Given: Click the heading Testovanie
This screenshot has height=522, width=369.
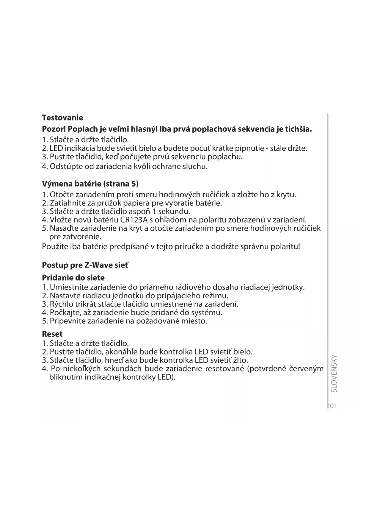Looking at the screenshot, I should click(x=62, y=118).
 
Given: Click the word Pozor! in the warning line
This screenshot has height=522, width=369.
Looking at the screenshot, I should click(x=54, y=129).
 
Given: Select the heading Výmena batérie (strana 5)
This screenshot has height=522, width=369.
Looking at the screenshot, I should click(x=90, y=184).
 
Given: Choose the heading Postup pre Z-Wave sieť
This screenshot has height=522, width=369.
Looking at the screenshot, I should click(x=85, y=265).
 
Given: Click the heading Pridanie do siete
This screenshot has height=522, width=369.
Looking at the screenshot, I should click(x=73, y=278).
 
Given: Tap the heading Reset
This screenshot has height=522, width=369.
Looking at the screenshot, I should click(x=52, y=334).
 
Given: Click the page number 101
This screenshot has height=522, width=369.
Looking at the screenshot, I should click(x=332, y=406).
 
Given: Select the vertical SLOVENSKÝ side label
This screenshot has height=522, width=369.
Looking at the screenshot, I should click(x=334, y=373).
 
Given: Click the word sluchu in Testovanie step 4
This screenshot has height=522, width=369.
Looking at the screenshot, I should click(x=194, y=166).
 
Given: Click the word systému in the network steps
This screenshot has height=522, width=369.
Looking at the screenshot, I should click(x=207, y=312).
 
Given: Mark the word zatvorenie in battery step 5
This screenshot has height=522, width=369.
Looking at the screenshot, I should click(x=79, y=237).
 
